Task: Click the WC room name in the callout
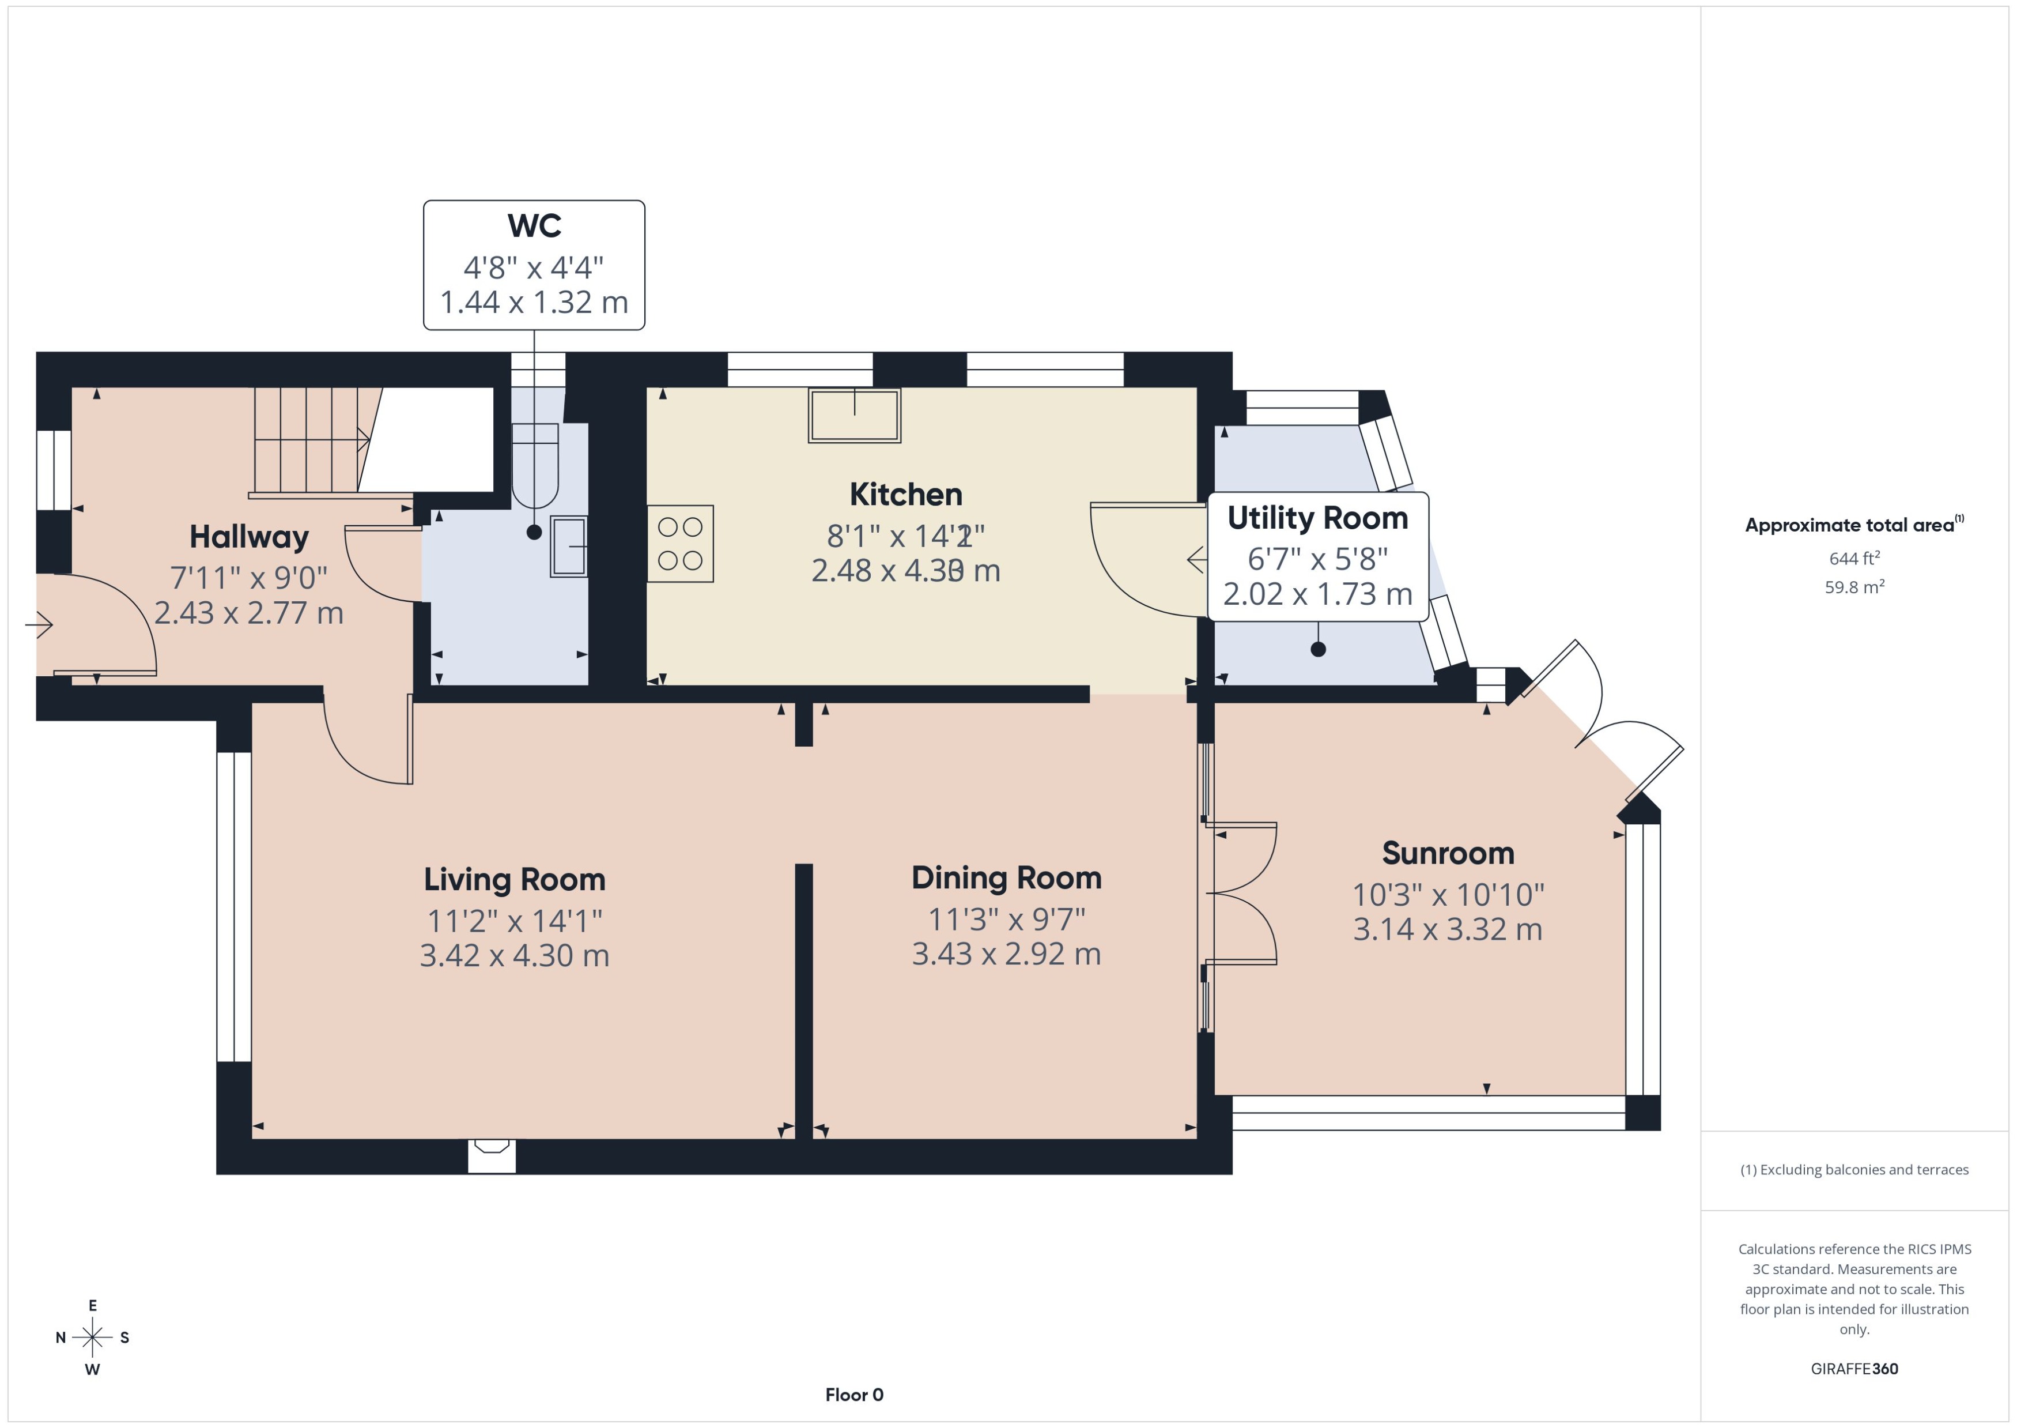(534, 226)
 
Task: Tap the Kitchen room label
(905, 494)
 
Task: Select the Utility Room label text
(1317, 518)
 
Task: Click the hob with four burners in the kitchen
(679, 544)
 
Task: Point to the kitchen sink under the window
(854, 415)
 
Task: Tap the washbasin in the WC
(569, 546)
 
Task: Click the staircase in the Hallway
(308, 440)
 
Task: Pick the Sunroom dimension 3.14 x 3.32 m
(1446, 929)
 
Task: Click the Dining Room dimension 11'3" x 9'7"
(1006, 920)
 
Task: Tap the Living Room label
(514, 879)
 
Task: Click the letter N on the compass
(61, 1337)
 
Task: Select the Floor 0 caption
(853, 1395)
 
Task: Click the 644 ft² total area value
(1853, 559)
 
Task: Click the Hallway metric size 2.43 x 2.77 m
(249, 613)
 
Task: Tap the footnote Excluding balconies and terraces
(1853, 1170)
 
